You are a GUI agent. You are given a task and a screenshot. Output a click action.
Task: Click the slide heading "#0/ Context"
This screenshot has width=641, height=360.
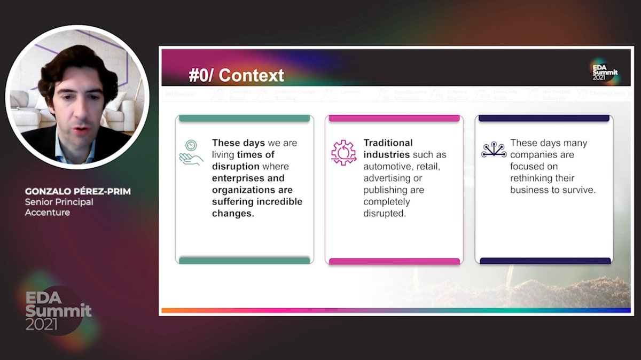236,75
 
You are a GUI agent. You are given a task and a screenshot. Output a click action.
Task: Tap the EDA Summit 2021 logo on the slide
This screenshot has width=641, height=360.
605,70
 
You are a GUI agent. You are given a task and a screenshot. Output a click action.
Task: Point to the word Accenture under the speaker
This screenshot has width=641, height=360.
48,212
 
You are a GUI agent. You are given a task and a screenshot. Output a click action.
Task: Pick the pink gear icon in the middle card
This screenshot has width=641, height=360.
343,152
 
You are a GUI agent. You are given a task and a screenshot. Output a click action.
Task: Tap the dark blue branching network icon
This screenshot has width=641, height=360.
493,151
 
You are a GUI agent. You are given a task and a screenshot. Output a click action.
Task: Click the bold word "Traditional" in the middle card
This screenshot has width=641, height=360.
388,143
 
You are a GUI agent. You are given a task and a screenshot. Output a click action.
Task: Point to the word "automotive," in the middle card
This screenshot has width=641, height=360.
389,167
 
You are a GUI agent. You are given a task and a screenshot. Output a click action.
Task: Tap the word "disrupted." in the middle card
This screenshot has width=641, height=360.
385,213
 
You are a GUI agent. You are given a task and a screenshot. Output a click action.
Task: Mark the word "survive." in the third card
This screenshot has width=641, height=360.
576,190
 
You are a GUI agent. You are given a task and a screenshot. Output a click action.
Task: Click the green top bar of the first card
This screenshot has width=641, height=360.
244,118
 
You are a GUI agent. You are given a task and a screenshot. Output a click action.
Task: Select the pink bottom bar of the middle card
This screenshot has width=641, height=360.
394,261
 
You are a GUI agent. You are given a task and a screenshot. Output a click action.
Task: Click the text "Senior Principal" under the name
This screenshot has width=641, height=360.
59,202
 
